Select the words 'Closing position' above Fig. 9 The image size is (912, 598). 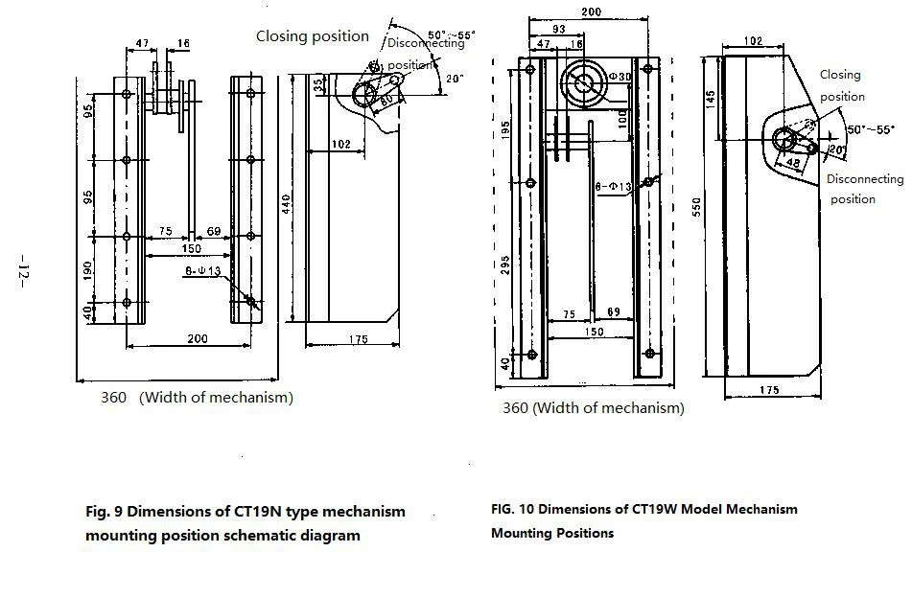312,36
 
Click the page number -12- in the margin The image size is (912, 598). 20,270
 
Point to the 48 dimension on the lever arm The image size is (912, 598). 791,164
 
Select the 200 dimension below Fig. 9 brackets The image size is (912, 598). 198,339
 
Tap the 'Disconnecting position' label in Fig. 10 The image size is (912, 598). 864,189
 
